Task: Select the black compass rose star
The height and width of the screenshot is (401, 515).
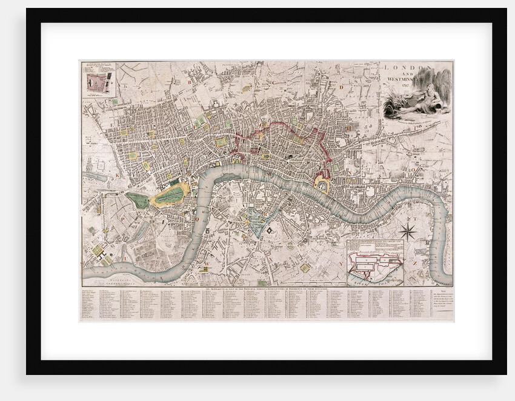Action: (x=408, y=231)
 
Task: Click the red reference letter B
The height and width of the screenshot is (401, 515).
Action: (x=189, y=80)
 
